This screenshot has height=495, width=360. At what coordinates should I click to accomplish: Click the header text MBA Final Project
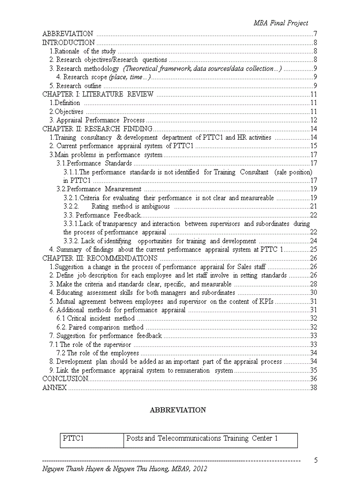pyautogui.click(x=281, y=23)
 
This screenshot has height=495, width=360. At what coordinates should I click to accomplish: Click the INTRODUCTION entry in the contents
pyautogui.click(x=68, y=43)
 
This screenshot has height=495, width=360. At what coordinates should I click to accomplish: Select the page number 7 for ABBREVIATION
pyautogui.click(x=315, y=34)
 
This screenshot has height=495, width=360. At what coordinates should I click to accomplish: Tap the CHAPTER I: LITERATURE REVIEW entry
pyautogui.click(x=97, y=94)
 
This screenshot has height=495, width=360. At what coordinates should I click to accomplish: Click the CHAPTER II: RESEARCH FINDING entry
pyautogui.click(x=97, y=129)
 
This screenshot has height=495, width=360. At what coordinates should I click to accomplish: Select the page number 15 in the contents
pyautogui.click(x=314, y=146)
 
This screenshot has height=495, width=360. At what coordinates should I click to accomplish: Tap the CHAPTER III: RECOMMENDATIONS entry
pyautogui.click(x=100, y=258)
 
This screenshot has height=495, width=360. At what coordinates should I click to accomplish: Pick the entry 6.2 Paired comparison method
pyautogui.click(x=100, y=328)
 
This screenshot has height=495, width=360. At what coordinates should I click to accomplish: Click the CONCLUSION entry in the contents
pyautogui.click(x=65, y=379)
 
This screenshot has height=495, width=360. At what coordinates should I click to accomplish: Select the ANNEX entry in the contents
pyautogui.click(x=54, y=388)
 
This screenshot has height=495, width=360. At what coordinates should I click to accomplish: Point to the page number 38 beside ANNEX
pyautogui.click(x=314, y=388)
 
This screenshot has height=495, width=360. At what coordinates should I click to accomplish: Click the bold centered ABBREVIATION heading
pyautogui.click(x=178, y=410)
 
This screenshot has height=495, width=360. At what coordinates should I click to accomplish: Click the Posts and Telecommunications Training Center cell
pyautogui.click(x=202, y=439)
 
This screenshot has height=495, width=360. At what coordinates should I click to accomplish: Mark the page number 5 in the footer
pyautogui.click(x=316, y=461)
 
